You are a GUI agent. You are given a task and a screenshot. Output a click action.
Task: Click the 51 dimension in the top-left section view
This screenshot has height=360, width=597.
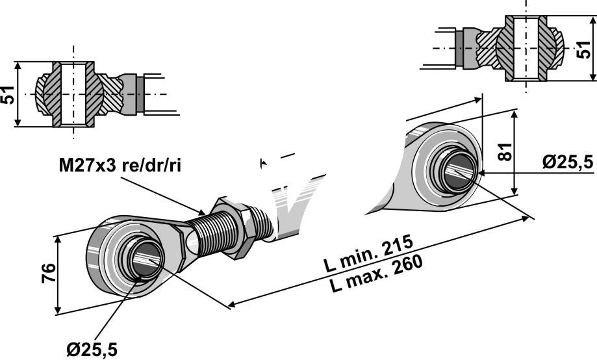(8, 94)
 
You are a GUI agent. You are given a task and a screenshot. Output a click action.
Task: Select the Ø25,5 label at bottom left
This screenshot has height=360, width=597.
(92, 348)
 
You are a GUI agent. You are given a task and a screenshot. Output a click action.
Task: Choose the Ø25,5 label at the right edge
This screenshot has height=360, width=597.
(568, 162)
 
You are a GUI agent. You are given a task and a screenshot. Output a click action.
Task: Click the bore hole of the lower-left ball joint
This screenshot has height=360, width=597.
(147, 260)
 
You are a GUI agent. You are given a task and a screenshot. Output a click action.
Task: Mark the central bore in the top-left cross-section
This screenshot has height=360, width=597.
(73, 95)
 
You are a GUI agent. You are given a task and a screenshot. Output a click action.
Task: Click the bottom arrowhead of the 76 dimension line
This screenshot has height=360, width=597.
(59, 311)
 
